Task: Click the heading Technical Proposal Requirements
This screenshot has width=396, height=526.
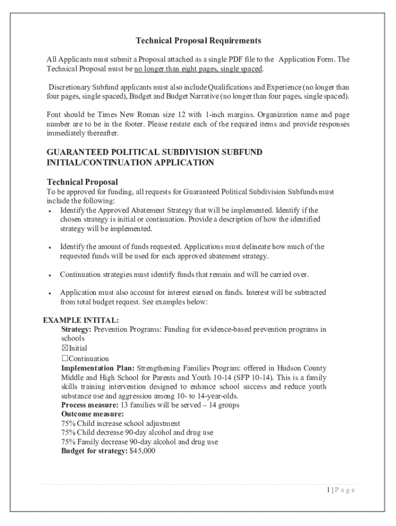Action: point(199,41)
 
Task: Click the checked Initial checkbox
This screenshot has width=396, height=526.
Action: point(65,348)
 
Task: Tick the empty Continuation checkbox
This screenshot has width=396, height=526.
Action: point(65,359)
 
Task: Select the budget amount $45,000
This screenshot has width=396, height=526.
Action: point(143,451)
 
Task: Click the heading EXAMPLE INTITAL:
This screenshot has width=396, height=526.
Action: point(81,320)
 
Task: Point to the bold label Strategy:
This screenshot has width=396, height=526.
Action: point(77,329)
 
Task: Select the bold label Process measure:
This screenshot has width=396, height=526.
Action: point(90,405)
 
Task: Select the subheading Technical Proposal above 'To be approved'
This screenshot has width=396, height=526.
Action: point(82,182)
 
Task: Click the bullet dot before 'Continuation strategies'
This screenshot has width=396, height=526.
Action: point(48,275)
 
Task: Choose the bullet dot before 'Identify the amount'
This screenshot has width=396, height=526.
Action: point(48,248)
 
